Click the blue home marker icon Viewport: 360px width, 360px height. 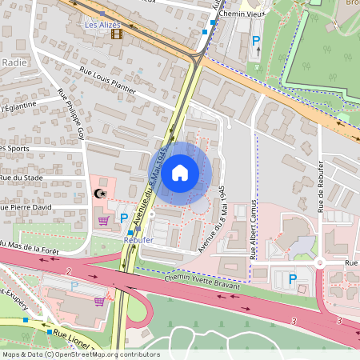pyautogui.click(x=180, y=172)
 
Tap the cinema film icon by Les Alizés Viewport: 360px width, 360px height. pyautogui.click(x=117, y=34)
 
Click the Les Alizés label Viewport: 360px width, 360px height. pyautogui.click(x=102, y=24)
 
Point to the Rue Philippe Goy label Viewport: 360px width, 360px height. pyautogui.click(x=71, y=115)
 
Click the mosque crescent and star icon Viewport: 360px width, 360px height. pyautogui.click(x=100, y=194)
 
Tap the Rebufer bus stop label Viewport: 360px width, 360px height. pyautogui.click(x=138, y=238)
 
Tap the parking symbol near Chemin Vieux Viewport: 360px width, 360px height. pyautogui.click(x=257, y=41)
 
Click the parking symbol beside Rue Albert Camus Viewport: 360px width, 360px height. pyautogui.click(x=293, y=278)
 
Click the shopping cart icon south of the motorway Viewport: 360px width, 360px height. pyautogui.click(x=99, y=301)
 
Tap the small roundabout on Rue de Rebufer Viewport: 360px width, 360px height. pyautogui.click(x=319, y=262)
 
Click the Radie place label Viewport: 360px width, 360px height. pyautogui.click(x=14, y=62)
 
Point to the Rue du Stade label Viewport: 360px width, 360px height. pyautogui.click(x=21, y=178)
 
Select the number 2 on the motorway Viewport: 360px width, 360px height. pyautogui.click(x=70, y=272)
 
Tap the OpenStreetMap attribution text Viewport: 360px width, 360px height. pyautogui.click(x=81, y=354)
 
